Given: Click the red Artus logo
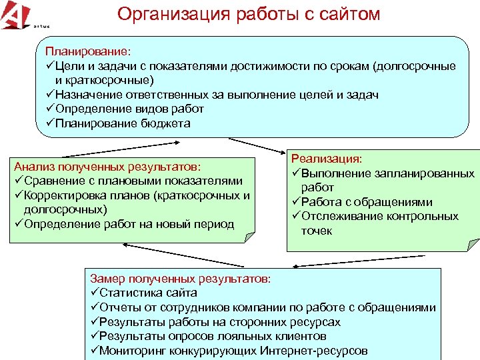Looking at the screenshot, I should (15, 14).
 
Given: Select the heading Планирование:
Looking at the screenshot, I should (88, 51).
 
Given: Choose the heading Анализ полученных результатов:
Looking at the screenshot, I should (107, 166).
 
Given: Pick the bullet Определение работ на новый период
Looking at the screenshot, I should (124, 224).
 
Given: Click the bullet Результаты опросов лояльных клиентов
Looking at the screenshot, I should (207, 337).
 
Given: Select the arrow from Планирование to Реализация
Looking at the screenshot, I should (257, 145).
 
